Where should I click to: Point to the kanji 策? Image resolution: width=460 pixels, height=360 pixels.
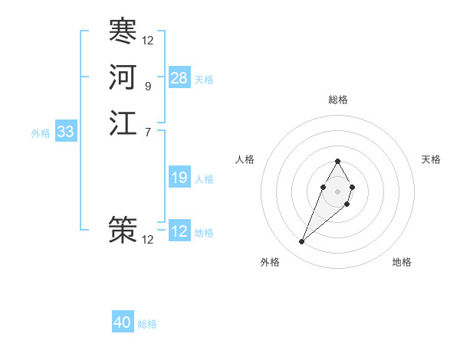point(123,229)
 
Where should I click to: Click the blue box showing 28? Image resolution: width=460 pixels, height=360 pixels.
point(179,78)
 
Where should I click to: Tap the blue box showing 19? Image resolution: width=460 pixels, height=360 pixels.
point(179,178)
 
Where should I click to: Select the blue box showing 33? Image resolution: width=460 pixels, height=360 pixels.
point(66,132)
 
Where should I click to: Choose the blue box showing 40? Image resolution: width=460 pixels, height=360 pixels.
point(123,322)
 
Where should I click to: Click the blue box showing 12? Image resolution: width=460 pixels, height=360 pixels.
point(179,231)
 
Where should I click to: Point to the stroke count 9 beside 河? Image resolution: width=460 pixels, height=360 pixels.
point(147,87)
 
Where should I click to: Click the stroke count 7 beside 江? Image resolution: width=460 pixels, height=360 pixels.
point(147,133)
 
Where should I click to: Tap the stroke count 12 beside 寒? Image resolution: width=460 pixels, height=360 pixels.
point(148,41)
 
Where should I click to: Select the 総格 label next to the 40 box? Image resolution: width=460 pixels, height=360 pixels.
point(147,324)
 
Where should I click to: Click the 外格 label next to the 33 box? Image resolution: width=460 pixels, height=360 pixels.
point(41,133)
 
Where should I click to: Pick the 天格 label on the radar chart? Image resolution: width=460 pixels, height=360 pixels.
point(431,159)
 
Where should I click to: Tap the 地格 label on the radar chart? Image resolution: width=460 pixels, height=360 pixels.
point(402,262)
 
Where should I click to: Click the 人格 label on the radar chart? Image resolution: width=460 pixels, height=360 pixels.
point(245,159)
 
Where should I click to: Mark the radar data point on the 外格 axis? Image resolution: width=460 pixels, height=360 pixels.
point(301,242)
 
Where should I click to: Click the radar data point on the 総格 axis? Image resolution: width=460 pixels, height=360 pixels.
point(337,161)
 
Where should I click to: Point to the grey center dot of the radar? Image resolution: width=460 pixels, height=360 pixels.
point(337,191)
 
